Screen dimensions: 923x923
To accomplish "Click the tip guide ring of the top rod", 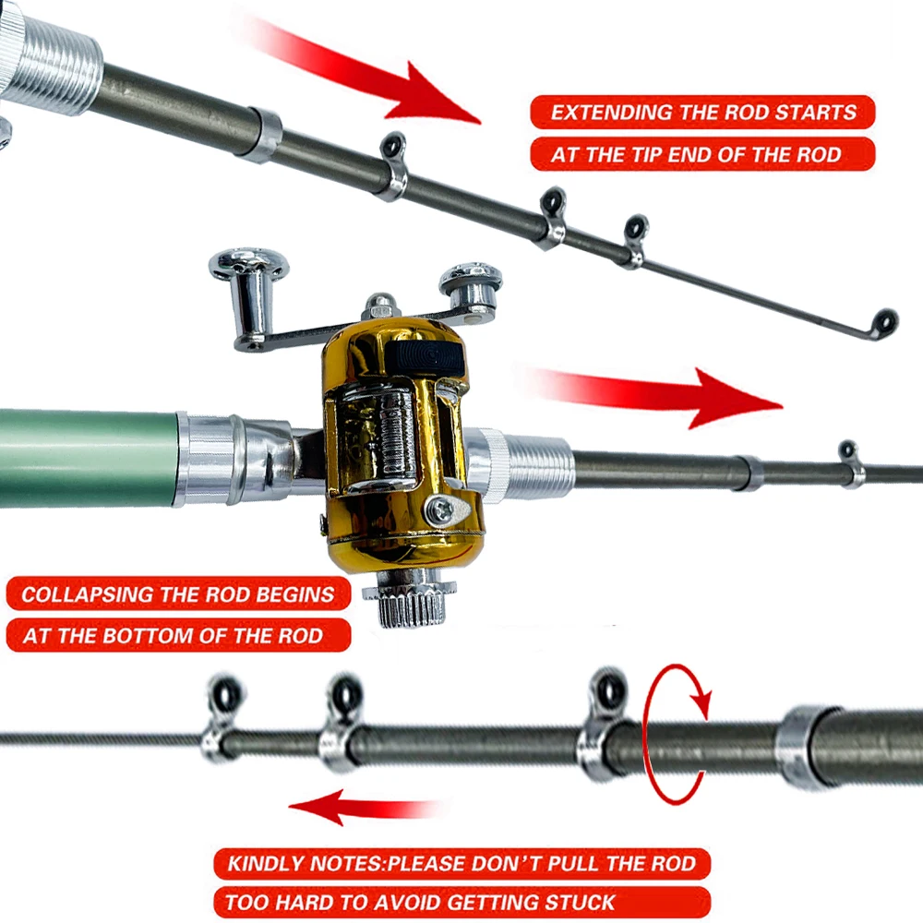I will tap(885, 321).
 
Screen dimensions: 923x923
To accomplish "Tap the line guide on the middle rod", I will tap(850, 453).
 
